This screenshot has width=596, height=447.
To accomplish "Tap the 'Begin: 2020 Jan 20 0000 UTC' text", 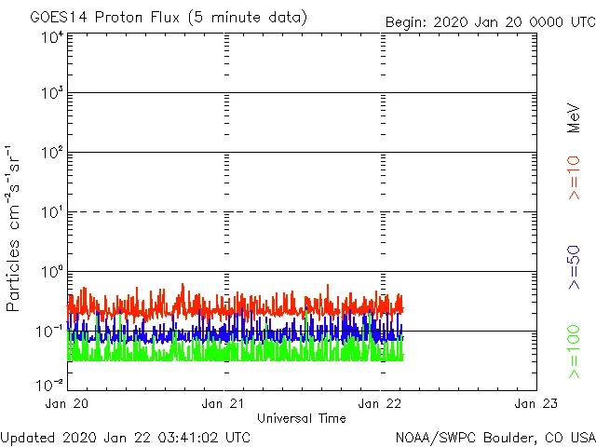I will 489,21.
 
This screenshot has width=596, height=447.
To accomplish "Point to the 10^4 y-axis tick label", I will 51,38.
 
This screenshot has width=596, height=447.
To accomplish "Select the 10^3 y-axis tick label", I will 51,94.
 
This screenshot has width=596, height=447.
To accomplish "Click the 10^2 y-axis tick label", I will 51,154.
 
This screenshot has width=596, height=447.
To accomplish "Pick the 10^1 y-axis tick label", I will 51,213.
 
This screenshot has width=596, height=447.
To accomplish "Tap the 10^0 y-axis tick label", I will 51,273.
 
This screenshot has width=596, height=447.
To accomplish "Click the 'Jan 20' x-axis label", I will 68,404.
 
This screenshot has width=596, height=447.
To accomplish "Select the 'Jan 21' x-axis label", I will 224,404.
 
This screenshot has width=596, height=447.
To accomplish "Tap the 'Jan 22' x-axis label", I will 380,404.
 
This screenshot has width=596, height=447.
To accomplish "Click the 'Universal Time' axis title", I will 302,418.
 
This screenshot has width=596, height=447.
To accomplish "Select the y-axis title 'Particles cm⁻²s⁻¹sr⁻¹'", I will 15,228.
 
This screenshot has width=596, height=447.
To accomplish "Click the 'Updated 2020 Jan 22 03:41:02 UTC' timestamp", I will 126,437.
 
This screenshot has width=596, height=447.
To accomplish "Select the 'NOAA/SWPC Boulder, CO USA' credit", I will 494,437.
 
